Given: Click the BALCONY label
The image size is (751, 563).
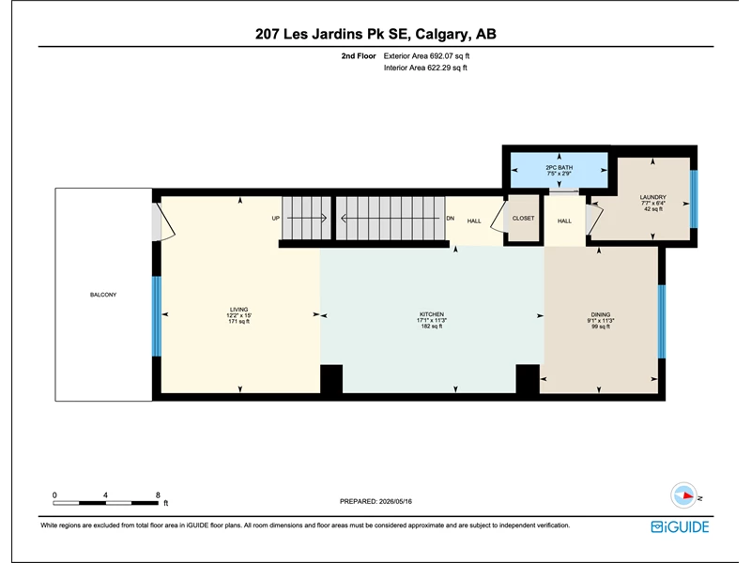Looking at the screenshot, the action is point(103,295).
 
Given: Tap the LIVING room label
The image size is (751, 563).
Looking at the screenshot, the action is point(238,310).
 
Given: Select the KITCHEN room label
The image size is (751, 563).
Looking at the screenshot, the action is point(432,314).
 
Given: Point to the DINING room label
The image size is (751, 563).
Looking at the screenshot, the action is point(600,314).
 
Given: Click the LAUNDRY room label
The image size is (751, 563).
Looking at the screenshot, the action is point(652,197).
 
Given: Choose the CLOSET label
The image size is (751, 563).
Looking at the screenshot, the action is point(523,218).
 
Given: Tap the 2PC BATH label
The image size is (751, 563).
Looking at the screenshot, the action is point(559,168).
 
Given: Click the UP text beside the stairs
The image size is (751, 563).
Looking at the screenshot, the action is point(275,219).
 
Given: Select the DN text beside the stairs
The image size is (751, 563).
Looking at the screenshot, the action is point(451,219).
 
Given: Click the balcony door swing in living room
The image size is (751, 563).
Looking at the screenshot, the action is point(162,222).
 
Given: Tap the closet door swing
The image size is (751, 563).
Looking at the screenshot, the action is point(500,217).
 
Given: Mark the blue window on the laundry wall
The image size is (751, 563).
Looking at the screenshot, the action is point(694,199).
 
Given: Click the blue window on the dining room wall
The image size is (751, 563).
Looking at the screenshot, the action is point(662,322).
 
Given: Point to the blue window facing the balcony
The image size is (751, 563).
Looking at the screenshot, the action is point(156,316).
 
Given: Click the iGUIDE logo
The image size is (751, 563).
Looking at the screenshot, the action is point(680,526).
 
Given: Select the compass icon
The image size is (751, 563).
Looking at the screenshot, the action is point(683,495).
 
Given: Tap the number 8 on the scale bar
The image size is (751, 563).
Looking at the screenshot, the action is point(158,495).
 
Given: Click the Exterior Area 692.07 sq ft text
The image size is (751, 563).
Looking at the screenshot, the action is point(426,56).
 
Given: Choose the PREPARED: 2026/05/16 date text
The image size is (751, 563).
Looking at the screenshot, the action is point(375,501).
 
